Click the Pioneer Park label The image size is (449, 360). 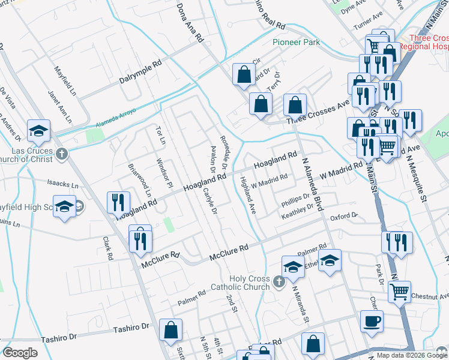[x=296, y=42]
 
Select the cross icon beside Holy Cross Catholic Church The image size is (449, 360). [x=278, y=281]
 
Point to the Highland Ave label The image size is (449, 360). [x=248, y=195]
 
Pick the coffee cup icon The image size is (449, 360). [x=372, y=321]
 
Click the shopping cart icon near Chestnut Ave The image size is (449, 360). [x=399, y=292]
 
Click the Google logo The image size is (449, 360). [x=20, y=353]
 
